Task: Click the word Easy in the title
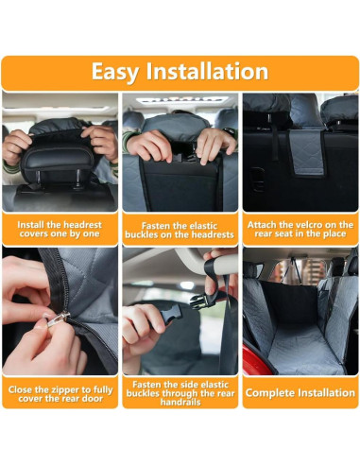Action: (120, 73)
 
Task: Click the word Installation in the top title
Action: (209, 73)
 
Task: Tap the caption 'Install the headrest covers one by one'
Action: (60, 229)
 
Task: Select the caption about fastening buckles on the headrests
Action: (180, 229)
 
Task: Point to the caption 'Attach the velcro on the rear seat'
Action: (300, 229)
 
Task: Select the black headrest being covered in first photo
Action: (59, 151)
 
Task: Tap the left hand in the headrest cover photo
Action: (16, 146)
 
